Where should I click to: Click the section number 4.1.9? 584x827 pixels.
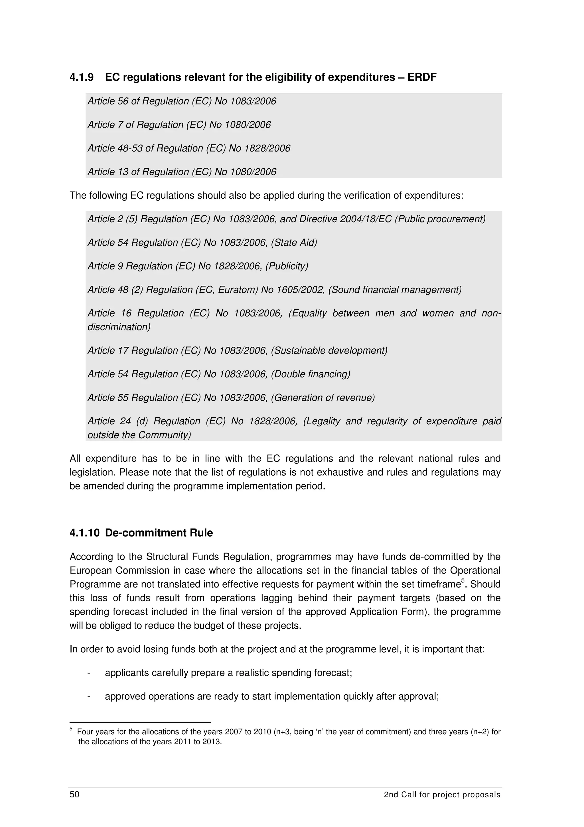81,77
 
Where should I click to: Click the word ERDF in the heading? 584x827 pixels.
422,77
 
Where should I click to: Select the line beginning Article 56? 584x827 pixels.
182,101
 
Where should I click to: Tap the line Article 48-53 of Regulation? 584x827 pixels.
189,148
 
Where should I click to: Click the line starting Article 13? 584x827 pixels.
182,172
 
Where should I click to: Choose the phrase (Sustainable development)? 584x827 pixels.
329,350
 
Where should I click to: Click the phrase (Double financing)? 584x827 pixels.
310,374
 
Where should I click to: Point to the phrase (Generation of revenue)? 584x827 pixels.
323,398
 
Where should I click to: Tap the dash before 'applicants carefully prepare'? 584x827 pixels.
88,673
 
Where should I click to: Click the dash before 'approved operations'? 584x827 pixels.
88,697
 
